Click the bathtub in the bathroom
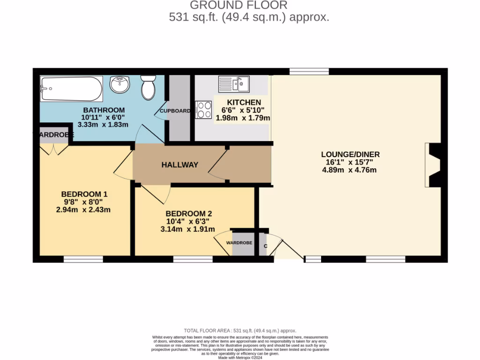[x=71, y=89]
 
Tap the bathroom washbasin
[x=120, y=85]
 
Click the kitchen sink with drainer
[x=234, y=84]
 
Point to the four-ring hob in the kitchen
[x=204, y=110]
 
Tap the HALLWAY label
[x=180, y=165]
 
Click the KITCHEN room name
[x=244, y=103]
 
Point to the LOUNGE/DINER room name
[x=350, y=154]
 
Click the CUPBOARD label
[x=175, y=111]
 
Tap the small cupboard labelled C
[x=265, y=246]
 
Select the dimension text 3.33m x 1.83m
[x=105, y=125]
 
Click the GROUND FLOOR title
[x=238, y=6]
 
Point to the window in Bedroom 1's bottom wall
[x=83, y=259]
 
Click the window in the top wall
[x=309, y=71]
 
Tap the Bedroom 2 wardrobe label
[x=239, y=243]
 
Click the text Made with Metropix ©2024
[x=240, y=358]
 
